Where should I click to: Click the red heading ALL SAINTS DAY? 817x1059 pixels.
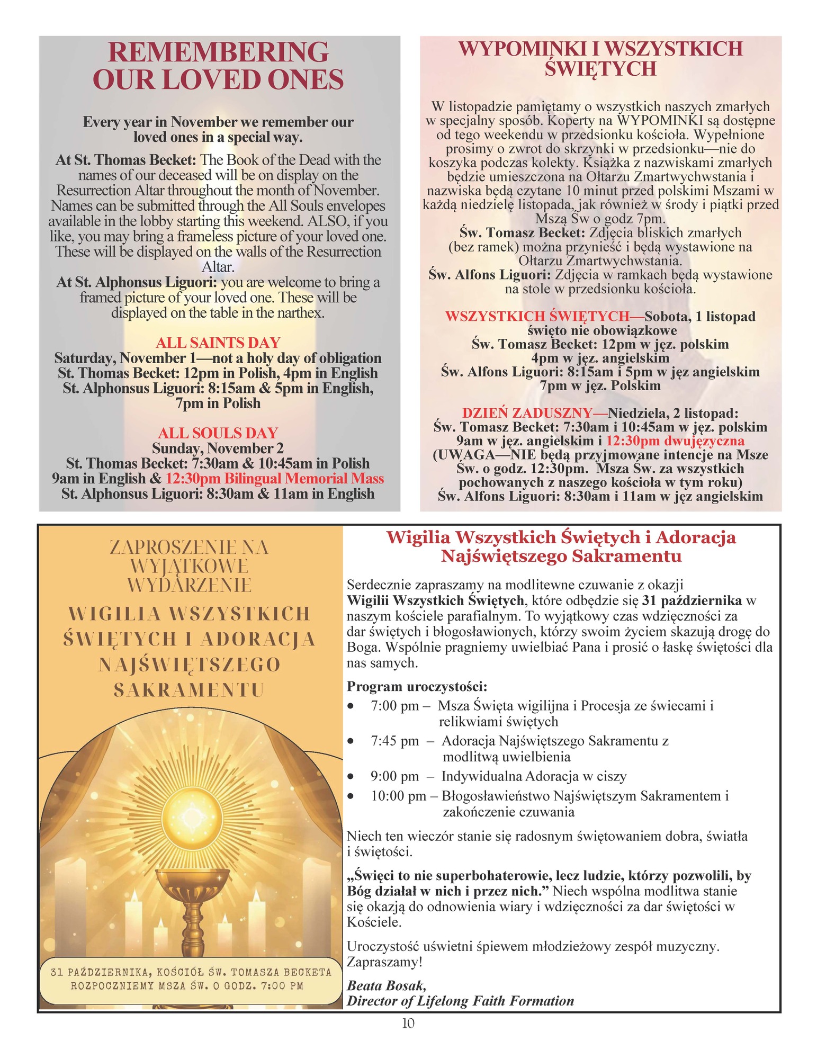218,343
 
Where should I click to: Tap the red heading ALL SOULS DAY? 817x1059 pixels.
218,433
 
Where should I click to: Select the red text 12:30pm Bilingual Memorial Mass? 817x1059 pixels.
274,479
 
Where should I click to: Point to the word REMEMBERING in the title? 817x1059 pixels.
218,52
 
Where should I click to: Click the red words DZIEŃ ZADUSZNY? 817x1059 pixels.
527,413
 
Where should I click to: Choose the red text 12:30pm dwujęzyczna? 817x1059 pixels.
675,441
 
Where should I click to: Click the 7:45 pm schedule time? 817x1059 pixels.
394,741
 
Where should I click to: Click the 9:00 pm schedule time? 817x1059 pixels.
394,776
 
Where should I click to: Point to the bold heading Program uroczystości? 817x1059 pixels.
417,687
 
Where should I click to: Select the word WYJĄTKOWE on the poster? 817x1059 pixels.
189,566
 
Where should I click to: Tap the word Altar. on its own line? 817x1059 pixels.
218,267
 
